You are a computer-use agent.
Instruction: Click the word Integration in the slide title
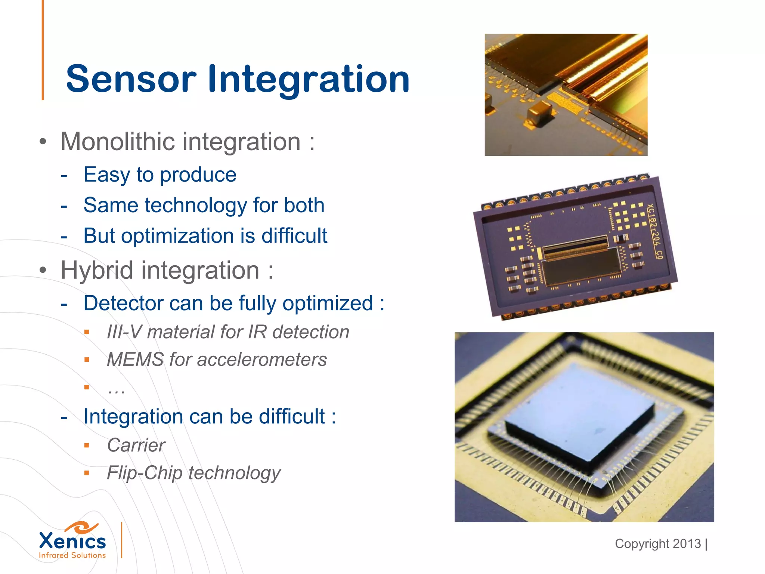[309, 79]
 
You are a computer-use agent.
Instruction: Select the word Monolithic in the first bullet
[118, 142]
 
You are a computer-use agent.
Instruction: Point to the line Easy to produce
[160, 175]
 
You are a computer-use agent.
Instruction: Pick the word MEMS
[135, 359]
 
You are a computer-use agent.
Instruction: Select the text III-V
[124, 332]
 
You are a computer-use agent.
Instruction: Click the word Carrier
[136, 445]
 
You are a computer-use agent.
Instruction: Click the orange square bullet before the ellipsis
[87, 387]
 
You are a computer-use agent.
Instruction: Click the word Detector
[123, 303]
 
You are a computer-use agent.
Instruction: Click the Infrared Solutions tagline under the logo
[72, 555]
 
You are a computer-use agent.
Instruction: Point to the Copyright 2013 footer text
[658, 544]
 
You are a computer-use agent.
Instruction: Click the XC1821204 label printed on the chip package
[654, 231]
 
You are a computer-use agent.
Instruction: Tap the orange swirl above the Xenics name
[81, 527]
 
